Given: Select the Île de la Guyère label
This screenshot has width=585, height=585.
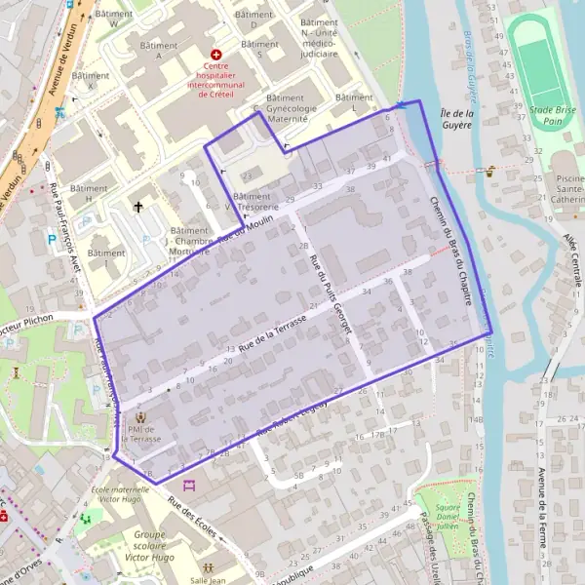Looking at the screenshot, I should point(455,118).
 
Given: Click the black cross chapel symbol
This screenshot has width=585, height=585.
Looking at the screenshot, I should point(138,207).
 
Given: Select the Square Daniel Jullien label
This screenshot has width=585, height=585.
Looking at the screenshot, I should point(448,513).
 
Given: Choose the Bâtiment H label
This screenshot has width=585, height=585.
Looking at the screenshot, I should point(89,194).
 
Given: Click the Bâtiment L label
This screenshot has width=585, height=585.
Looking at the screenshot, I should point(353,103).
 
